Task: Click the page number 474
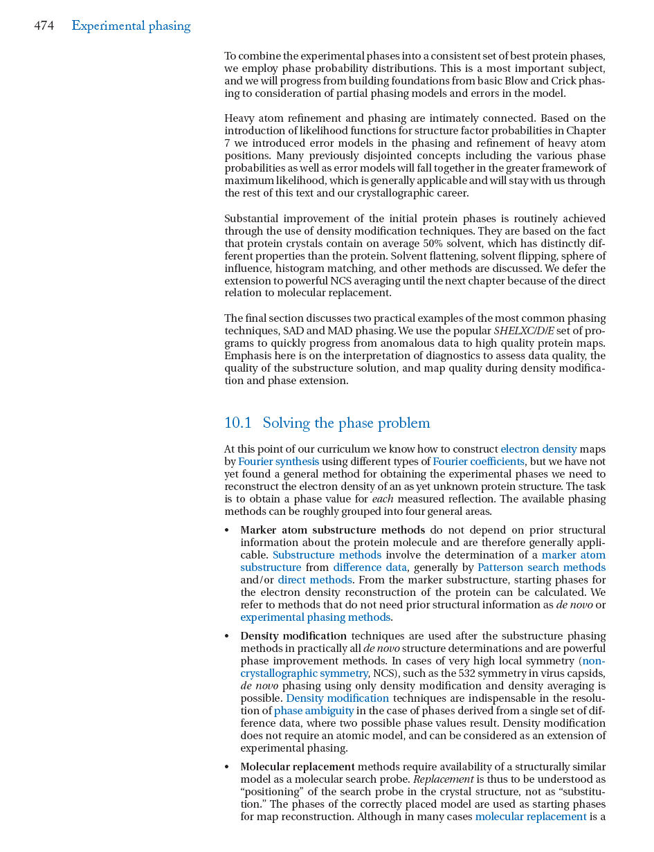click(x=44, y=26)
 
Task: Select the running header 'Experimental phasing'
click(x=131, y=26)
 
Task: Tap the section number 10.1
click(x=237, y=423)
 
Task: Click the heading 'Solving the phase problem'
click(x=346, y=423)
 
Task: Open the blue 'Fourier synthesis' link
click(x=278, y=462)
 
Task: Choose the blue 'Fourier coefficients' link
click(x=478, y=462)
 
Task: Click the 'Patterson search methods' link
click(x=541, y=568)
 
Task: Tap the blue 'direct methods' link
click(x=315, y=580)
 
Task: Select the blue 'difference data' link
click(x=370, y=568)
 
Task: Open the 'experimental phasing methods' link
click(x=315, y=617)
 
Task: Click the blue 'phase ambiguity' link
click(x=314, y=711)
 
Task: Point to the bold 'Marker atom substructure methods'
click(x=332, y=530)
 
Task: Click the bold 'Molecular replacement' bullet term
click(x=297, y=767)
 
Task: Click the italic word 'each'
click(x=383, y=499)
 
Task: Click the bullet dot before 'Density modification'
click(x=228, y=637)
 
